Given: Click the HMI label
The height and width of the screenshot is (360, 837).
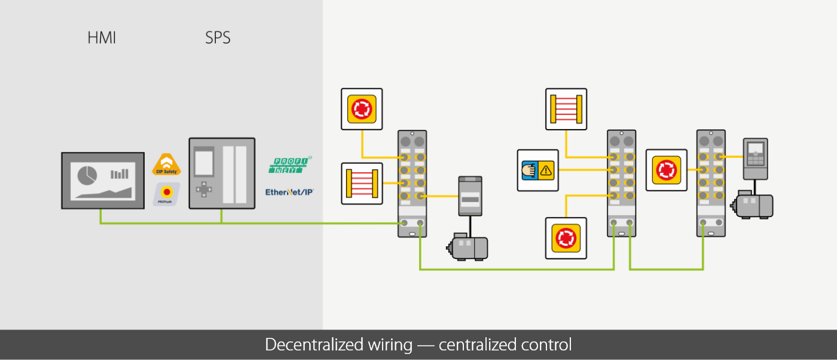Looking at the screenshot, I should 102,38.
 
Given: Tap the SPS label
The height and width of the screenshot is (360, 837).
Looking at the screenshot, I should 218,38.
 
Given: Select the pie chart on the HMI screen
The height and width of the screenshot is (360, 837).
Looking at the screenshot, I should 88,175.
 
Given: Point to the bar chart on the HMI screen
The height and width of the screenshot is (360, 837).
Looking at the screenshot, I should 120,174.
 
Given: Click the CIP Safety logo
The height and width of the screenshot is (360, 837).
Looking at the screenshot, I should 167,165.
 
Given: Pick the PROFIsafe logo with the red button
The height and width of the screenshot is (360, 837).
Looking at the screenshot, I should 167,194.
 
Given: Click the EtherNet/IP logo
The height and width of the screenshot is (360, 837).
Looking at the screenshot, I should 290,193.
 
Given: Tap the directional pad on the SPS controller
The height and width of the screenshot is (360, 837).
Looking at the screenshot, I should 205,189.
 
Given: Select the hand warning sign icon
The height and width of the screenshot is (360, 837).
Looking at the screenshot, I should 538,170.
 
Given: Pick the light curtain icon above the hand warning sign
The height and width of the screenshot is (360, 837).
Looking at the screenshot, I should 566,109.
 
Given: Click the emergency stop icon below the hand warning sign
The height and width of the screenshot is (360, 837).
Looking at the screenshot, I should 566,238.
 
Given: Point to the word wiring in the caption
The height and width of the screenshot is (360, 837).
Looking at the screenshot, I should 389,345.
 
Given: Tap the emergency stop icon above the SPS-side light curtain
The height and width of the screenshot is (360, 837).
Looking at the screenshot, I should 362,109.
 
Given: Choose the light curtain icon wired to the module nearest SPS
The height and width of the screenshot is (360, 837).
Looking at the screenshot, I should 362,183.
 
